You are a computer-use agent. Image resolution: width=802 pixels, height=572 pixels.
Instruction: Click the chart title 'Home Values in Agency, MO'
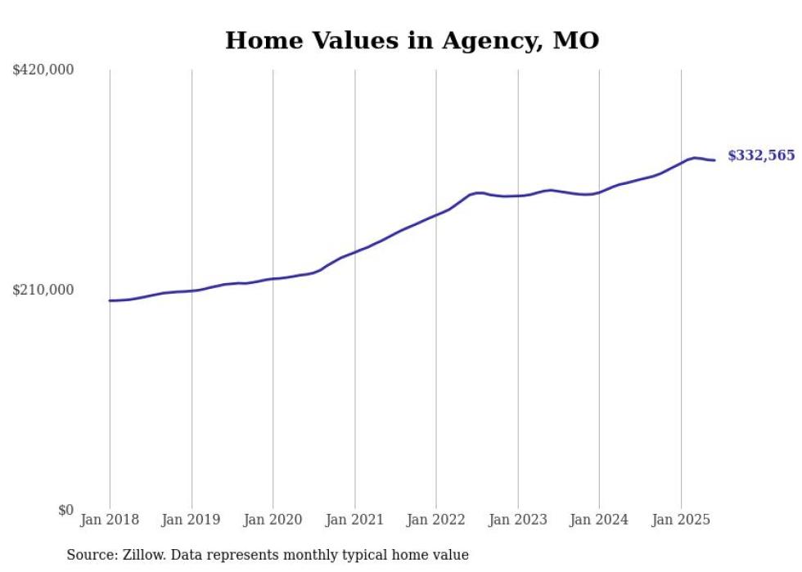tap(412, 40)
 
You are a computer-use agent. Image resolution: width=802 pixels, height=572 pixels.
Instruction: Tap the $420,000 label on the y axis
tap(43, 70)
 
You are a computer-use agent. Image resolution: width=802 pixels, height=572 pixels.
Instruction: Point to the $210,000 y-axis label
tap(43, 290)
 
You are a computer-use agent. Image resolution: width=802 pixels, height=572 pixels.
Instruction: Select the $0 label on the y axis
tap(65, 510)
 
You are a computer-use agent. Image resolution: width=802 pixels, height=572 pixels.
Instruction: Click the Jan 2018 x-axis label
tap(110, 520)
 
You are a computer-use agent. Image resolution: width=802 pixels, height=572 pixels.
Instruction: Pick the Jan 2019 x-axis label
tap(191, 520)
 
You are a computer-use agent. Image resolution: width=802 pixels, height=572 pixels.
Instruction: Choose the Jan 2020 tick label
tap(273, 520)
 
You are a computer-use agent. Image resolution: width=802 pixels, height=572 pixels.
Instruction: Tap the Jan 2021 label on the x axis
tap(354, 520)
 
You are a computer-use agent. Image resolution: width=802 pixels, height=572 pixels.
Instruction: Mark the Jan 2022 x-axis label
tap(436, 520)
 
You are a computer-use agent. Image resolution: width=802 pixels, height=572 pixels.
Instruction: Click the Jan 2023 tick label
tap(517, 520)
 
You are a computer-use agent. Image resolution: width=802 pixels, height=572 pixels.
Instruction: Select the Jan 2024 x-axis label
tap(599, 520)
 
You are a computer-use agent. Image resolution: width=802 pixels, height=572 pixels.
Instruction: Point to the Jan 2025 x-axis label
tap(681, 520)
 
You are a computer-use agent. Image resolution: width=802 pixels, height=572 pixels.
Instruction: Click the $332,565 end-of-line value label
tap(760, 155)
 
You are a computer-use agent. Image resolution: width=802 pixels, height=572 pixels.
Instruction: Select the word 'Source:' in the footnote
tap(91, 555)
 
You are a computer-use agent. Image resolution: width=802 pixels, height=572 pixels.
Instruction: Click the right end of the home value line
tap(714, 160)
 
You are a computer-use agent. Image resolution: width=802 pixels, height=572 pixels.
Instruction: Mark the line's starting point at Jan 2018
tap(110, 300)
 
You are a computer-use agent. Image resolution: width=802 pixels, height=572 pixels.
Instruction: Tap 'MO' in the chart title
tap(576, 40)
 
